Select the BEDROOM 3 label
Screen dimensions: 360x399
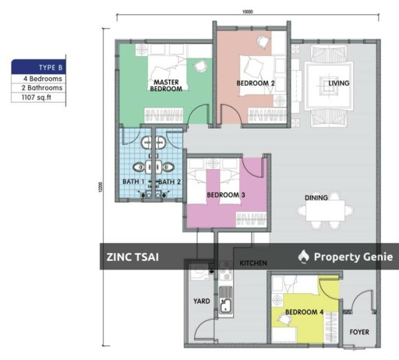point(226,196)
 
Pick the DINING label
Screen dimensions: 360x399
point(316,198)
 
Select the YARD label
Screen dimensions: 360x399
point(201,301)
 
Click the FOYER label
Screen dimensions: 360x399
point(358,332)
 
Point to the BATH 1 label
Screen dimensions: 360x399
point(133,182)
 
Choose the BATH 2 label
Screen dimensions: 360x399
point(170,182)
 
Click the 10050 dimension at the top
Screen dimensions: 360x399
point(249,12)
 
